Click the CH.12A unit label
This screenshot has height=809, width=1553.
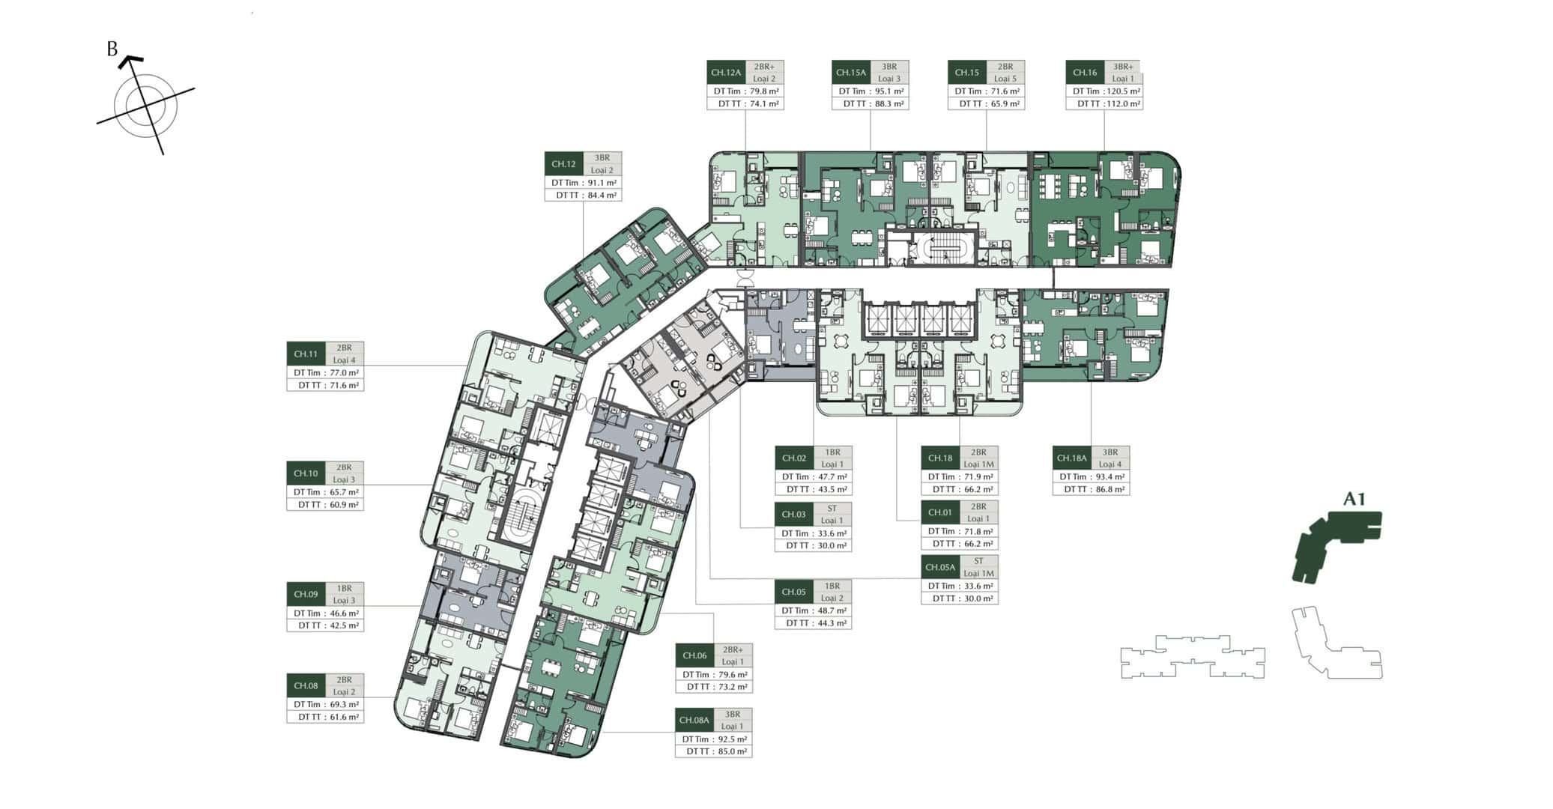tap(725, 73)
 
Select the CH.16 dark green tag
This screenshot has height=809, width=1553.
tap(1084, 73)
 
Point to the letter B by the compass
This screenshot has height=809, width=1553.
tap(112, 49)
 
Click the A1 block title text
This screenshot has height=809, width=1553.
tap(1354, 499)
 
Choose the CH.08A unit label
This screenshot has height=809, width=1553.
tap(694, 721)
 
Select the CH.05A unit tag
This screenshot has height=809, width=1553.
tap(939, 567)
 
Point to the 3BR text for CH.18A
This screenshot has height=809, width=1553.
tap(1109, 452)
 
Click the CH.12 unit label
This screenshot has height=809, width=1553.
tap(563, 164)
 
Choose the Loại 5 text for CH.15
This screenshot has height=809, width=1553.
tap(1005, 79)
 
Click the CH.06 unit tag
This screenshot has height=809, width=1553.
tap(694, 655)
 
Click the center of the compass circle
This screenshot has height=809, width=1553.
tap(145, 106)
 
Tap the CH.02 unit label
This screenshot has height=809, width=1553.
tap(794, 458)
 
